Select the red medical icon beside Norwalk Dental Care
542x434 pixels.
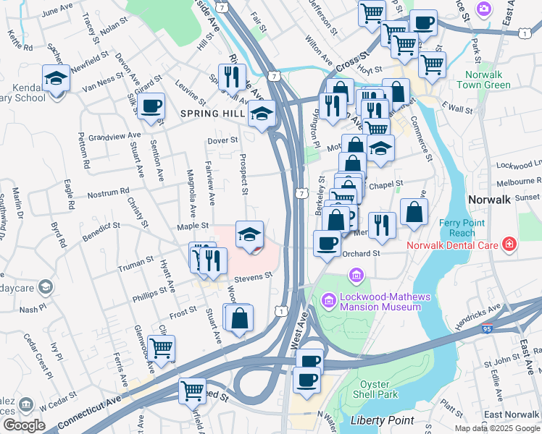509,244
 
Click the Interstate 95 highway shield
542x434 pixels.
485,328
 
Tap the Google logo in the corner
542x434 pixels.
24,425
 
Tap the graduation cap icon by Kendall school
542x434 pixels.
56,78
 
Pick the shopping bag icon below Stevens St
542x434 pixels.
239,318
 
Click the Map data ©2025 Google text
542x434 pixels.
496,428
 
